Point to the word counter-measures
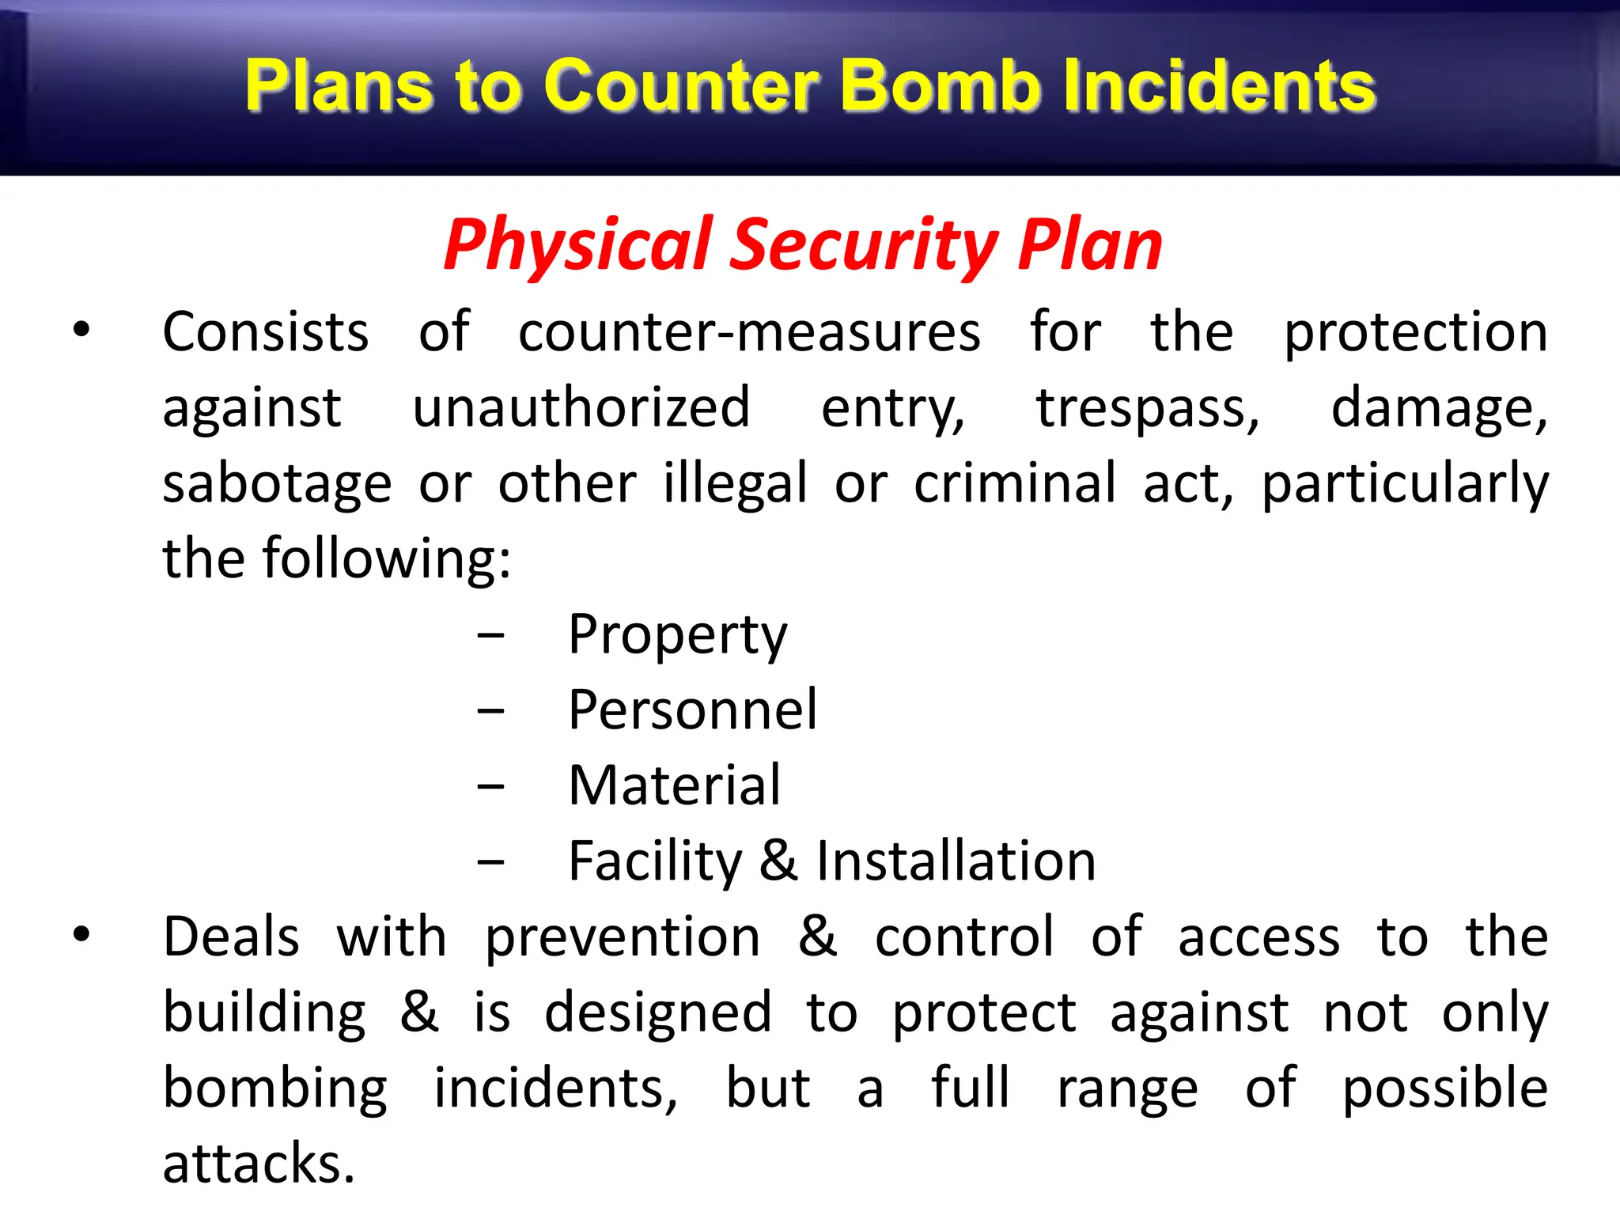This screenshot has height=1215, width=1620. click(x=749, y=332)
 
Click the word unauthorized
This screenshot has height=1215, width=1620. click(x=581, y=408)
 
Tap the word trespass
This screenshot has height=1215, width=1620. click(x=1148, y=408)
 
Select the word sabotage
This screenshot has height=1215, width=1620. click(x=277, y=484)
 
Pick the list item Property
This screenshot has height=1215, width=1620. click(x=678, y=636)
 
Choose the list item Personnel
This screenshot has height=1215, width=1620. click(x=692, y=710)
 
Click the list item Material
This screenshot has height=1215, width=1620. click(x=675, y=785)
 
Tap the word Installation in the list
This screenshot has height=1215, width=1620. click(x=956, y=861)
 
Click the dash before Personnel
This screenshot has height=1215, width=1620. click(x=490, y=711)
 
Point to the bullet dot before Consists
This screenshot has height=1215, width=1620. click(x=81, y=331)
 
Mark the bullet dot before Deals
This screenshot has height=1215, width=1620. click(x=81, y=935)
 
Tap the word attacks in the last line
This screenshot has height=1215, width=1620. click(x=259, y=1164)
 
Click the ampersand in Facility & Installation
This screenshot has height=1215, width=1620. click(x=779, y=861)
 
